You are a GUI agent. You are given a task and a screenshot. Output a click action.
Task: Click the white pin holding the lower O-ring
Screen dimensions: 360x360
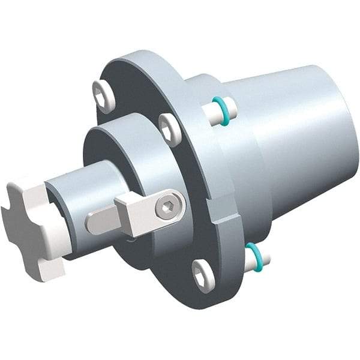click(x=262, y=258)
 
